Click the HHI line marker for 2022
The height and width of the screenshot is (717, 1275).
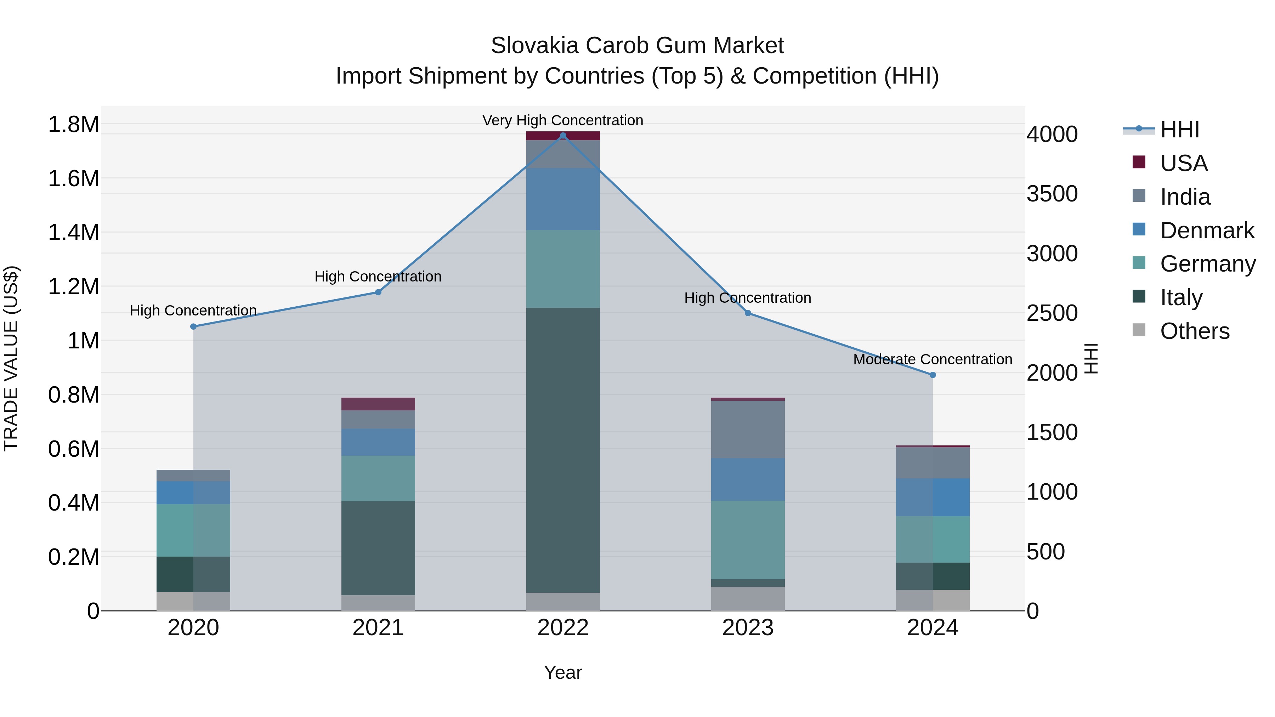tap(563, 136)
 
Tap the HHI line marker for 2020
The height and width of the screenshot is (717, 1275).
tap(193, 326)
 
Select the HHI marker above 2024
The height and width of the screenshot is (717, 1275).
tap(933, 375)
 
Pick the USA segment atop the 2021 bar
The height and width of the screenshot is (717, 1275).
tap(378, 404)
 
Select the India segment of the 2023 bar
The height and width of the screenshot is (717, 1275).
tap(748, 429)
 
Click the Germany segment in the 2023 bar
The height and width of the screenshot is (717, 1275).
tap(748, 539)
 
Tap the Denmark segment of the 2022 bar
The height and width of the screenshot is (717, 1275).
tap(563, 199)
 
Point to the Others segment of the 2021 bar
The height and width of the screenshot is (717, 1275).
tap(378, 603)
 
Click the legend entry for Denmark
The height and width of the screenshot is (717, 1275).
tap(1207, 231)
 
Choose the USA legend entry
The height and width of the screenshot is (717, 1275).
tap(1183, 163)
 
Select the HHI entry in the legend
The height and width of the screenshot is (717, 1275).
tap(1179, 130)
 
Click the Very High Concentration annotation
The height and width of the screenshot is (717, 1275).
tap(563, 120)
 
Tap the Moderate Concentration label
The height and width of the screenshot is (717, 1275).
tap(933, 359)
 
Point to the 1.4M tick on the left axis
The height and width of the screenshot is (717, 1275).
tap(74, 233)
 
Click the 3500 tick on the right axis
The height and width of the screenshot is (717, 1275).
tap(1052, 194)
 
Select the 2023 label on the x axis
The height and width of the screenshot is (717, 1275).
tap(748, 628)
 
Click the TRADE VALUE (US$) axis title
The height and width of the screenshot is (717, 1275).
tap(11, 358)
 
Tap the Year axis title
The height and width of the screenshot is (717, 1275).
tap(563, 672)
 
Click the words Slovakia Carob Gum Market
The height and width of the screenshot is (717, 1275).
tap(637, 46)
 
